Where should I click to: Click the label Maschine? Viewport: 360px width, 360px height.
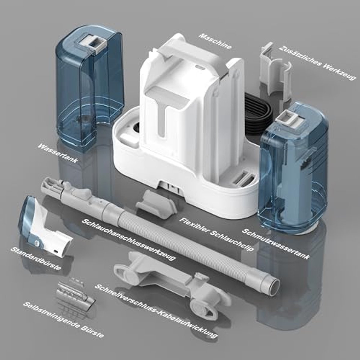click(x=215, y=41)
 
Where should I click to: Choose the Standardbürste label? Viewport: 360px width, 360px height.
click(x=36, y=258)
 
